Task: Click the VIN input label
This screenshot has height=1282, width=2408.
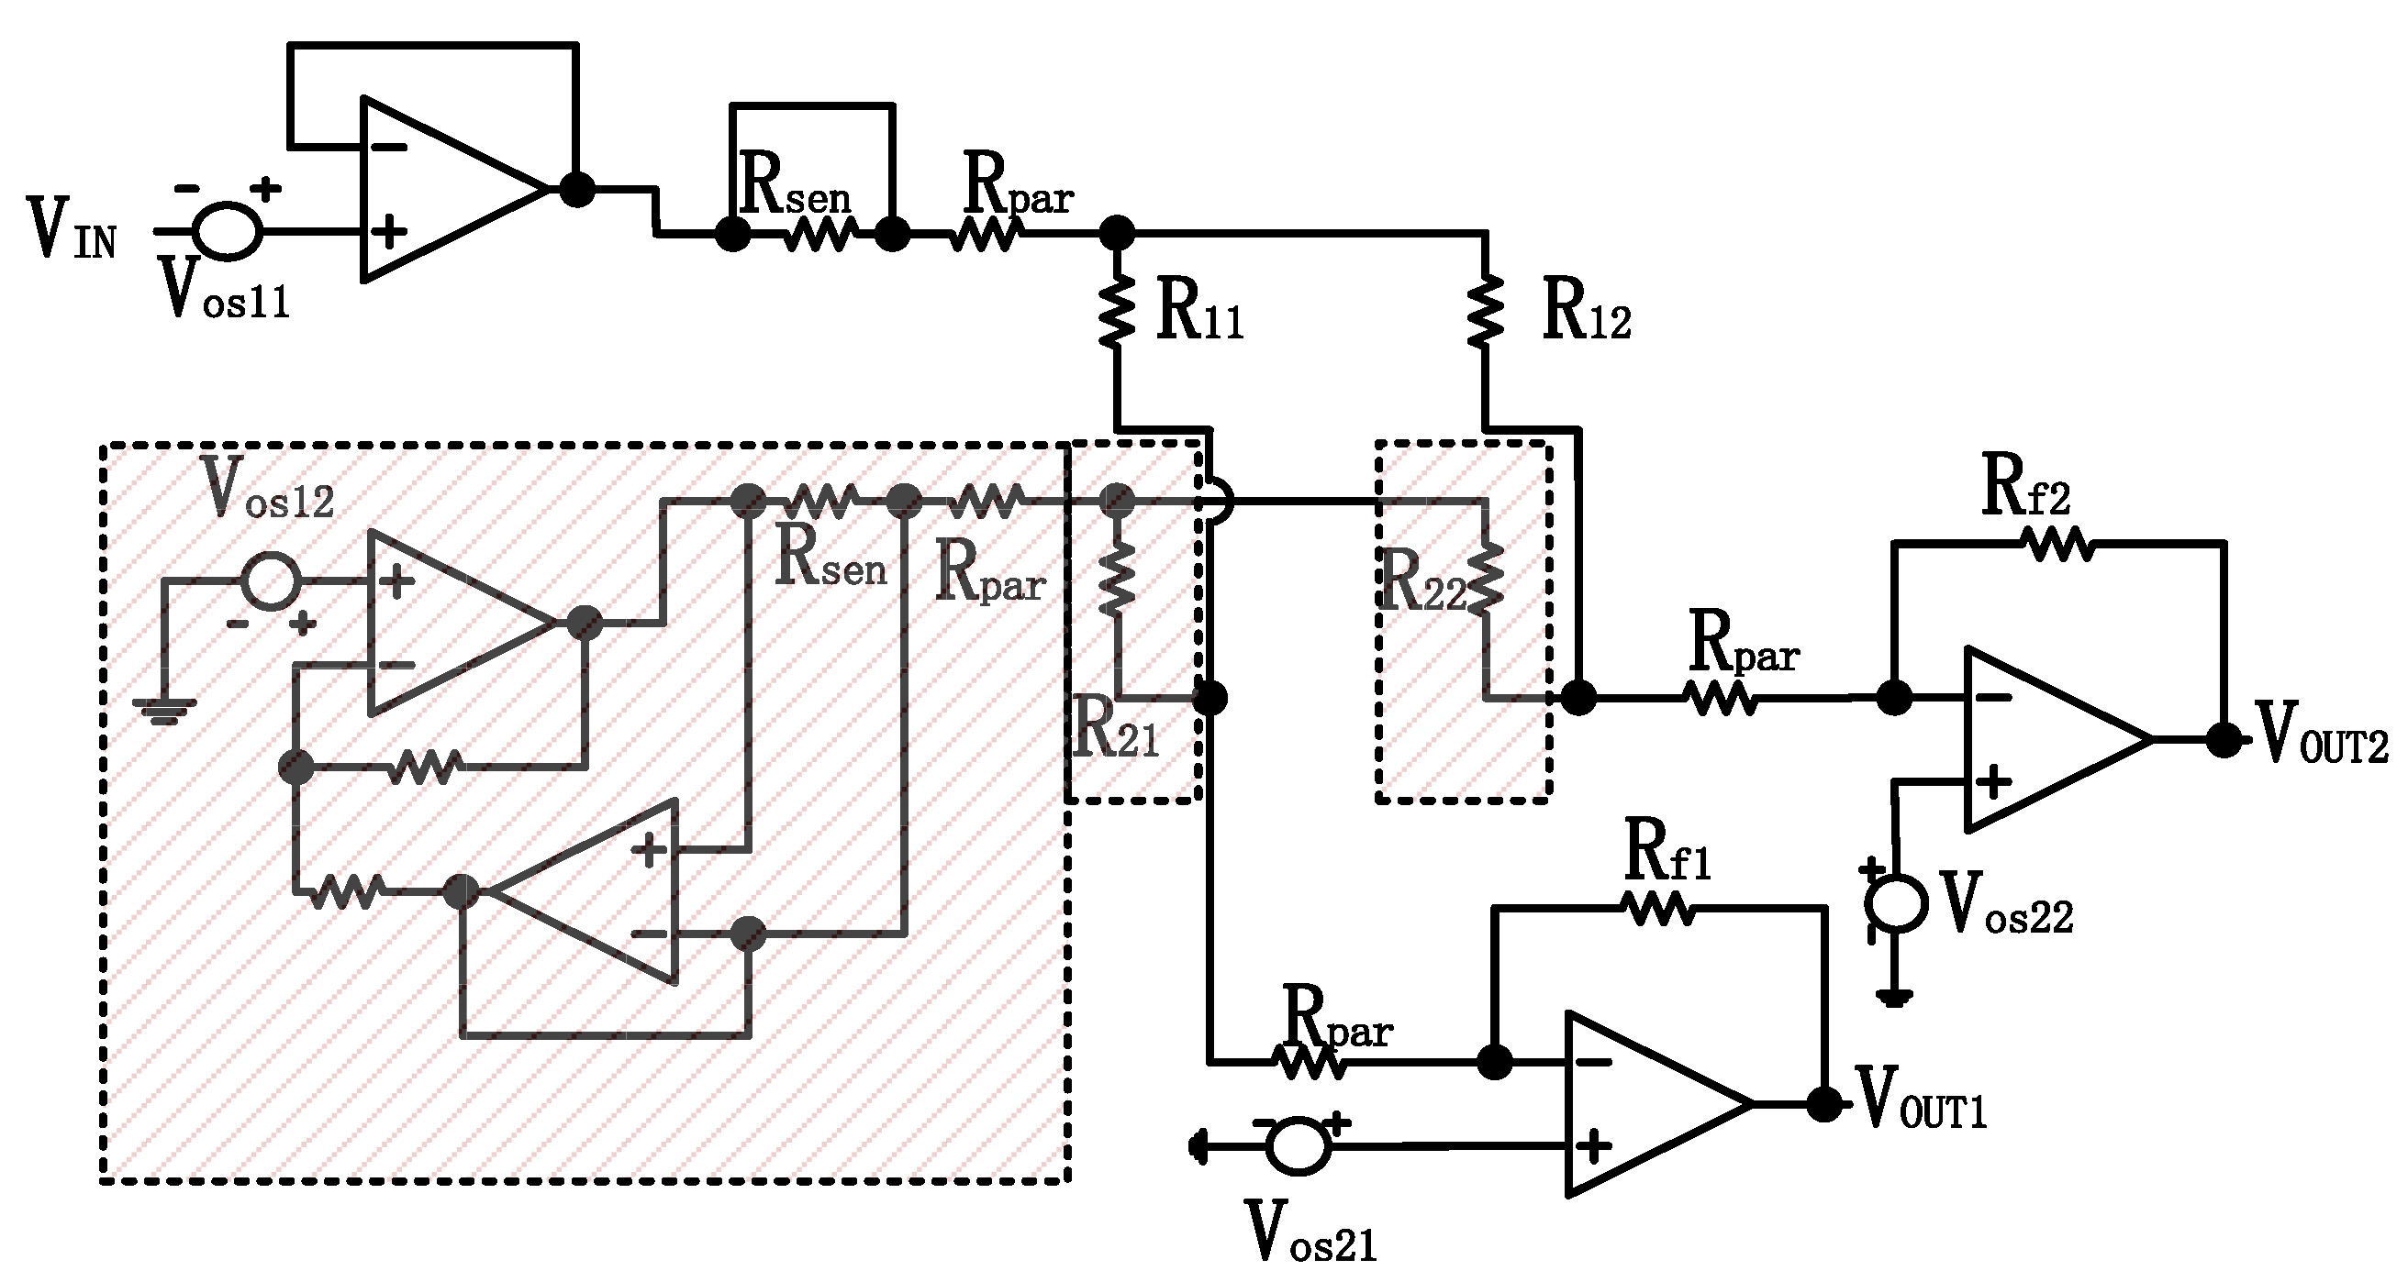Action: pos(72,230)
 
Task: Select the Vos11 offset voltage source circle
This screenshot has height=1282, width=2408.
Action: pos(228,230)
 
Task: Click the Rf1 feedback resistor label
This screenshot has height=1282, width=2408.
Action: pos(1668,851)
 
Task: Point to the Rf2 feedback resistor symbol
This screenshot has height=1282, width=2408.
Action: pos(2057,544)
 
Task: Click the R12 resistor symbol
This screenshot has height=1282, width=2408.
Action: pos(1486,311)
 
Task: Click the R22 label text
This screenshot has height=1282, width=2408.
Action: pos(1421,582)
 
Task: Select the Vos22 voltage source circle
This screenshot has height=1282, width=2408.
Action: pos(1896,903)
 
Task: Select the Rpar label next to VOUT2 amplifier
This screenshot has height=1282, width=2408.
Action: pos(1744,645)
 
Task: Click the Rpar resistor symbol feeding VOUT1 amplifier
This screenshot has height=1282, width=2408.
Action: pos(1309,1063)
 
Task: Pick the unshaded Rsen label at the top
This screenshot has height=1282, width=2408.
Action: pos(795,186)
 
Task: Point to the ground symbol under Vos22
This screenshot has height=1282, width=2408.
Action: pos(1895,997)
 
